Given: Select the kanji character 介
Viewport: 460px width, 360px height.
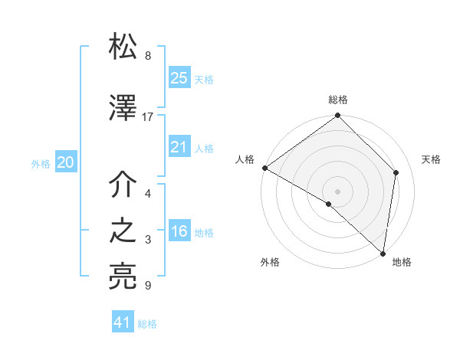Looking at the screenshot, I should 123,184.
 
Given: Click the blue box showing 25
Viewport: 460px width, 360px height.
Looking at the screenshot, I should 179,78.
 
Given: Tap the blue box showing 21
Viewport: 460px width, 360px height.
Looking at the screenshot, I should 179,147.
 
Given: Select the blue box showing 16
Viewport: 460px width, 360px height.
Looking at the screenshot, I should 179,232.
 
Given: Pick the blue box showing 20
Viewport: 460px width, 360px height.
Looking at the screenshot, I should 66,162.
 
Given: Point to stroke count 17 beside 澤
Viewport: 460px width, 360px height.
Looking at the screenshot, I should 148,117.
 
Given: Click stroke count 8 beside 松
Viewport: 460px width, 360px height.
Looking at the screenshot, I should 148,56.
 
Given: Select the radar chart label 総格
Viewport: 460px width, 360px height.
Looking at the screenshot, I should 338,100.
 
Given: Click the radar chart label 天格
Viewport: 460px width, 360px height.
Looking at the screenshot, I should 431,159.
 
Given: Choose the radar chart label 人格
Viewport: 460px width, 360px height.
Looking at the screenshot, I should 245,159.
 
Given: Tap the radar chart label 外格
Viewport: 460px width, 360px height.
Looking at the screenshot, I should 270,263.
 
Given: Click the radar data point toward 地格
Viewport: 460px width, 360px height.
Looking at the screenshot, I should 383,254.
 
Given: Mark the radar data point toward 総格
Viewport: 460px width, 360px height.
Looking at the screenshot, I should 338,116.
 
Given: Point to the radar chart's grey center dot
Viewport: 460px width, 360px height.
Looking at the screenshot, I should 338,191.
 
